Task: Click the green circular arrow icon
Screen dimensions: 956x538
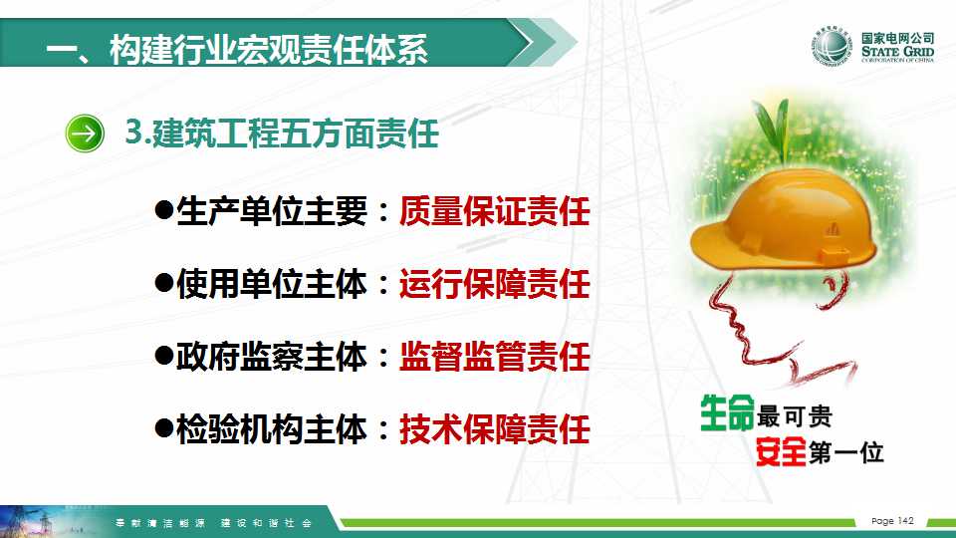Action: click(x=85, y=133)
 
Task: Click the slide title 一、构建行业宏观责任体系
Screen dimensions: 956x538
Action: click(x=237, y=49)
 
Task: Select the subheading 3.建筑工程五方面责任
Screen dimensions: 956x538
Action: click(x=282, y=133)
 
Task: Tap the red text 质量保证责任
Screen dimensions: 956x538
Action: click(x=495, y=211)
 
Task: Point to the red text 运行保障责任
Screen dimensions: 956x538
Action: click(x=495, y=284)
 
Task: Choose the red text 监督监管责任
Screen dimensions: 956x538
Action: click(x=495, y=357)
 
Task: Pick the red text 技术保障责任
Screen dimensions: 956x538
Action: click(x=495, y=428)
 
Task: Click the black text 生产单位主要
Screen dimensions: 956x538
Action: click(x=272, y=211)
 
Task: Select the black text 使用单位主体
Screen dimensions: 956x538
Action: click(x=272, y=284)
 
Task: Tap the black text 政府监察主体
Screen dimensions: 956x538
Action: click(x=272, y=357)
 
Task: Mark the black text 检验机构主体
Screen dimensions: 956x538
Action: click(x=272, y=428)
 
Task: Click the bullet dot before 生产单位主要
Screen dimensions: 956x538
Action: click(x=164, y=210)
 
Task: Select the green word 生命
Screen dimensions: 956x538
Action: click(x=727, y=413)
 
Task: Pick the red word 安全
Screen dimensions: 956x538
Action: click(x=781, y=451)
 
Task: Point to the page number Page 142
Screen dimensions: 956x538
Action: click(x=892, y=520)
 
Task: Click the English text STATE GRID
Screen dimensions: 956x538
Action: click(x=897, y=51)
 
